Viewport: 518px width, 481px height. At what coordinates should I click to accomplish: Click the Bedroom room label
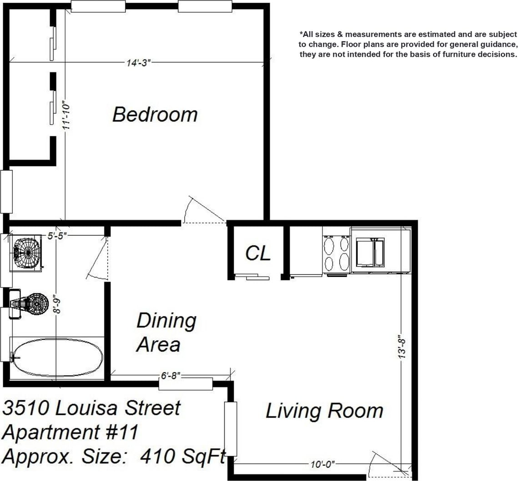coord(155,114)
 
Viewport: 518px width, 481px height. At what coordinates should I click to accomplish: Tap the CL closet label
coord(258,253)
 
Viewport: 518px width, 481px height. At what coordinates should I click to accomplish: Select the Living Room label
coord(324,411)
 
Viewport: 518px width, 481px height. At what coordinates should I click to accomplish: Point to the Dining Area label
coord(166,332)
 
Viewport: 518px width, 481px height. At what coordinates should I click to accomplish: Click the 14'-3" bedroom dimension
coord(138,63)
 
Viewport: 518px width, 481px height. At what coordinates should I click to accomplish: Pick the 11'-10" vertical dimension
coord(66,115)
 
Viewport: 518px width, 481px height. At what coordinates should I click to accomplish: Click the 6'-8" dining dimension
coord(171,376)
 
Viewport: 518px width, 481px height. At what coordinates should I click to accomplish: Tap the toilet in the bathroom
coord(29,303)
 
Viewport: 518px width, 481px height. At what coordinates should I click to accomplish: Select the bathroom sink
coord(27,253)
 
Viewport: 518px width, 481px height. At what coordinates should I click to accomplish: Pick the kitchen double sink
coord(371,253)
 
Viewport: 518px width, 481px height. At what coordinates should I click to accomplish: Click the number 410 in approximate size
coord(157,456)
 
